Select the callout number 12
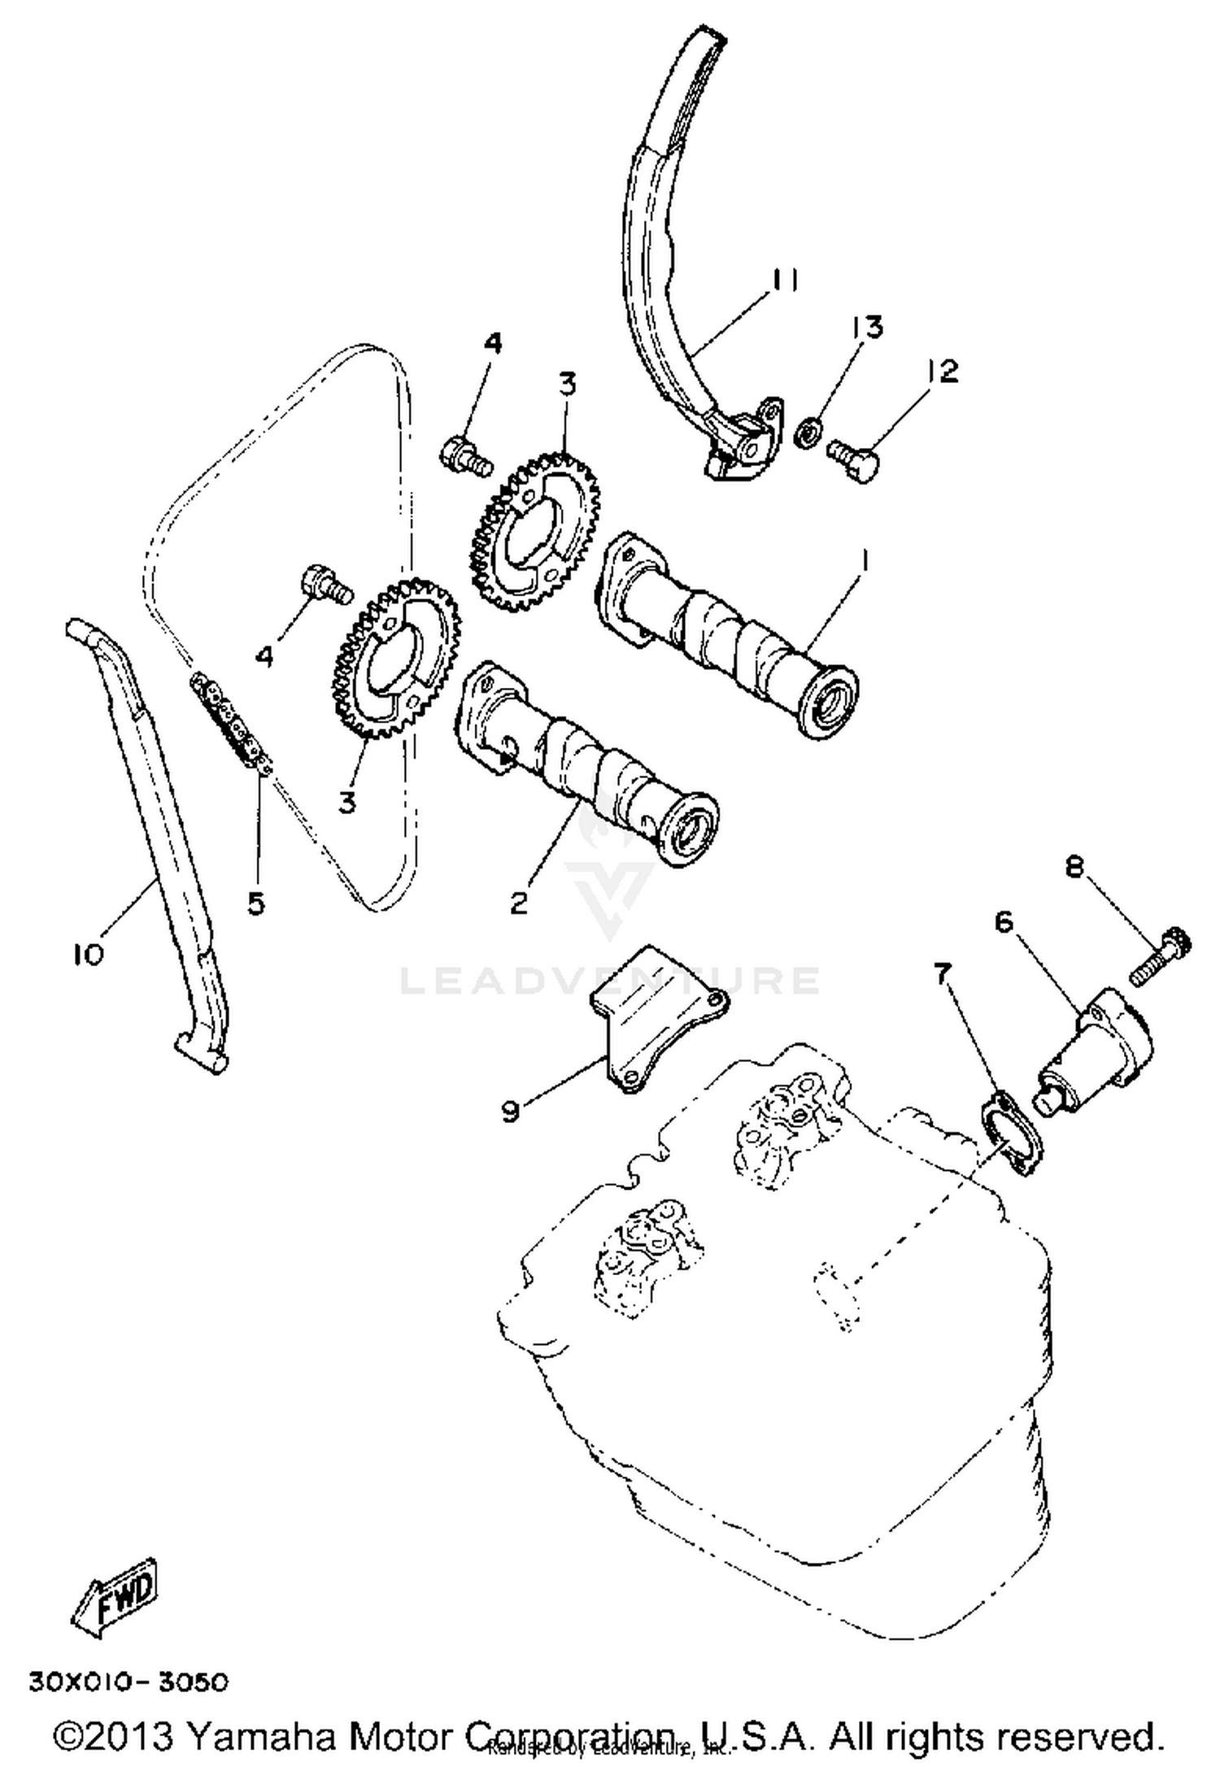941,371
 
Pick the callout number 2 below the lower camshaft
519,902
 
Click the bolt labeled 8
1161,958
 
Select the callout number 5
256,903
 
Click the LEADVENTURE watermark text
610,981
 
